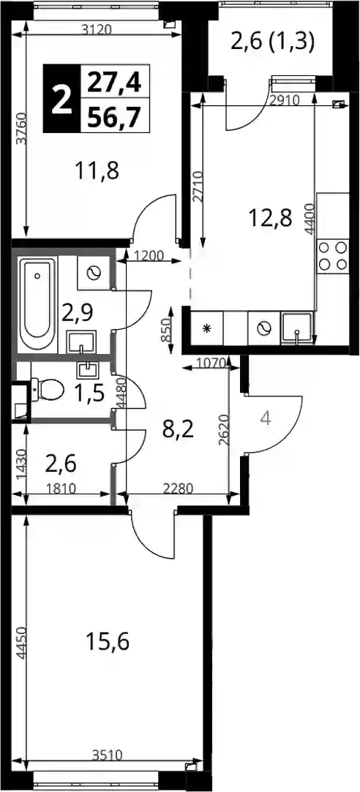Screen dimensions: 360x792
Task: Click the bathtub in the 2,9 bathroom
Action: click(x=37, y=305)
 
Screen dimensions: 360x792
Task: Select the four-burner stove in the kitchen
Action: click(x=333, y=256)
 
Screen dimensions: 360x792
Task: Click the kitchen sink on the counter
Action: click(x=297, y=329)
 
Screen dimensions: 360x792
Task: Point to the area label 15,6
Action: click(x=108, y=643)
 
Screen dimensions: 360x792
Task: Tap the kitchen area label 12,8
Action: click(x=271, y=219)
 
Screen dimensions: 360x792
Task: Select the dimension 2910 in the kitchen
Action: click(x=285, y=99)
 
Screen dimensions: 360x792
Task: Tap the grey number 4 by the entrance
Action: click(x=267, y=418)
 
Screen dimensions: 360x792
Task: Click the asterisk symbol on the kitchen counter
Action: click(x=206, y=329)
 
